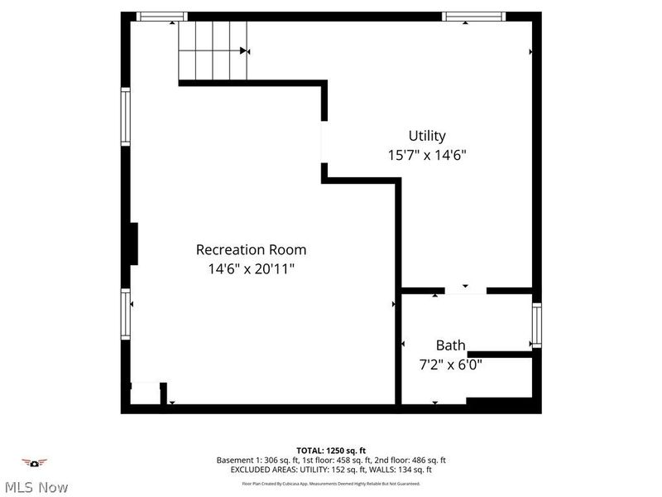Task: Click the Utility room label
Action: pyautogui.click(x=427, y=136)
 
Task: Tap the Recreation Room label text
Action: pyautogui.click(x=251, y=249)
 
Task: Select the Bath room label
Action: pyautogui.click(x=451, y=345)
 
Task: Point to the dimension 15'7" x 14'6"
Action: pyautogui.click(x=427, y=155)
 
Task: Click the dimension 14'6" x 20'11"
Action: pyautogui.click(x=251, y=268)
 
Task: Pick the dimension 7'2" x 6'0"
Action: pyautogui.click(x=451, y=364)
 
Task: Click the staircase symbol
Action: pyautogui.click(x=213, y=51)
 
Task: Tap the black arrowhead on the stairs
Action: pyautogui.click(x=244, y=51)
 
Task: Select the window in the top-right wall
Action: pyautogui.click(x=473, y=16)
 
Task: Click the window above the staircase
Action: pyautogui.click(x=161, y=16)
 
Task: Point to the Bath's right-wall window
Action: pyautogui.click(x=536, y=325)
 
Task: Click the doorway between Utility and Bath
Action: pyautogui.click(x=465, y=290)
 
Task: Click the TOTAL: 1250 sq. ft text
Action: pyautogui.click(x=331, y=450)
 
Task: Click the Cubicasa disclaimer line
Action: pyautogui.click(x=331, y=483)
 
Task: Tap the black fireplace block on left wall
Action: pyautogui.click(x=132, y=243)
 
